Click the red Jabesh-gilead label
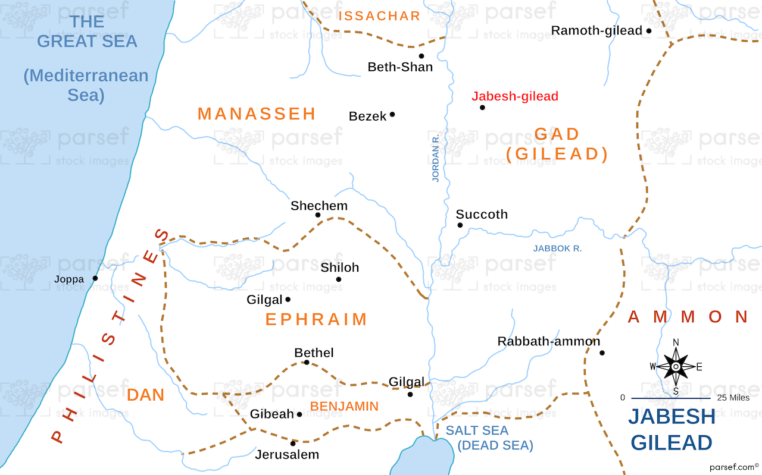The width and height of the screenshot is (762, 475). (x=515, y=96)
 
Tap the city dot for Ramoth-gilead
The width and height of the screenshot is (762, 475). (x=649, y=30)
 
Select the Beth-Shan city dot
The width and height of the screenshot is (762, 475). (x=421, y=56)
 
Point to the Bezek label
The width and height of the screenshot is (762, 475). (x=367, y=117)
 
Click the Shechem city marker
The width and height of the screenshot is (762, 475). (x=318, y=215)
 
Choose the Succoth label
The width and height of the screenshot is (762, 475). (x=482, y=214)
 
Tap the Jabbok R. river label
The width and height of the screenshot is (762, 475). (x=558, y=248)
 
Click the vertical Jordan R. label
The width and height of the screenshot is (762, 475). (x=436, y=157)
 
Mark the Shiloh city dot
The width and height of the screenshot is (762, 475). (x=339, y=279)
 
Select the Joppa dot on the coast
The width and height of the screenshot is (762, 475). (x=95, y=278)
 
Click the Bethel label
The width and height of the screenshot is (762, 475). (x=314, y=353)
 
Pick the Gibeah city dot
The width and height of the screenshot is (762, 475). (x=299, y=414)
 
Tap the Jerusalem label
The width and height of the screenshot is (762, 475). (x=287, y=455)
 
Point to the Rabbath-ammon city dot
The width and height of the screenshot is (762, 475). (x=602, y=353)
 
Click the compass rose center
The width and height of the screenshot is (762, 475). (x=676, y=366)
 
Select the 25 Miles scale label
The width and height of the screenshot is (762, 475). (x=733, y=398)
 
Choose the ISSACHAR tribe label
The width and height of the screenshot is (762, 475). (x=379, y=16)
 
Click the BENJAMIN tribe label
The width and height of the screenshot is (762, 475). (x=344, y=407)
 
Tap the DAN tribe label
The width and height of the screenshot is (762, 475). (x=145, y=395)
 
